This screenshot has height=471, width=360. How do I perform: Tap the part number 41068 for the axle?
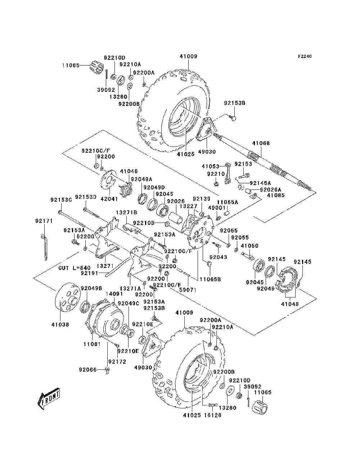click(261, 143)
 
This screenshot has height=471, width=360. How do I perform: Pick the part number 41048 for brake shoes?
click(289, 304)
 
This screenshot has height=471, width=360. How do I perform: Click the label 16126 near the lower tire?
click(213, 415)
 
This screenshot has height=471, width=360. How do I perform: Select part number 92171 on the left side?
click(44, 221)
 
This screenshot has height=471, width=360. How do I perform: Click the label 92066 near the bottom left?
click(87, 370)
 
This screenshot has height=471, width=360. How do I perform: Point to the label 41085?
click(275, 195)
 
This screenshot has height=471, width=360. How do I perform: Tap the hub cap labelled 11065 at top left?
click(96, 67)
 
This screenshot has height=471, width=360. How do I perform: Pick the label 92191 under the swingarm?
click(89, 273)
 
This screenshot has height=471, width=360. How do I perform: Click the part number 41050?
click(249, 246)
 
